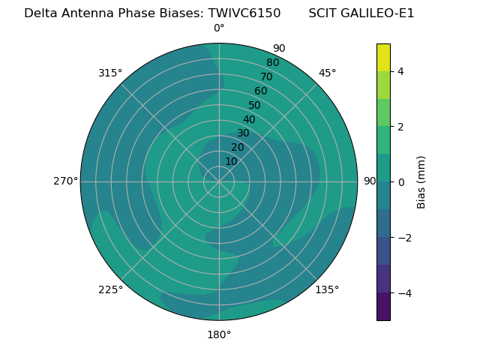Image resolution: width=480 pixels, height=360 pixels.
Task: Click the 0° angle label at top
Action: tap(219, 28)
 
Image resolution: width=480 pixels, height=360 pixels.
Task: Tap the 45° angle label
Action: tap(328, 73)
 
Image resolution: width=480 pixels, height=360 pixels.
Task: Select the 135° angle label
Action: tap(327, 289)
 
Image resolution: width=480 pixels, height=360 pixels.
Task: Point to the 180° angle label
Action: tap(219, 334)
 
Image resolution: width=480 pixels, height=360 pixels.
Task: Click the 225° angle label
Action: tap(110, 289)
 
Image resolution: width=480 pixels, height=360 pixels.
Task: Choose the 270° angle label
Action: tap(65, 181)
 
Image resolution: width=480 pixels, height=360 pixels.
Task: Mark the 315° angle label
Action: tap(110, 73)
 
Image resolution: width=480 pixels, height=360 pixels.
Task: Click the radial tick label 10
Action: tap(231, 161)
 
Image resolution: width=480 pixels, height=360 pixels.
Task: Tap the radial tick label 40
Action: tap(249, 119)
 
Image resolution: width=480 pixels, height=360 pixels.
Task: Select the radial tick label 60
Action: tap(261, 91)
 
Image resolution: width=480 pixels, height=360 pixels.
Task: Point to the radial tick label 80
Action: tap(272, 63)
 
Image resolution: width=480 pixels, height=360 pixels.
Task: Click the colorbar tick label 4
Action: tap(400, 71)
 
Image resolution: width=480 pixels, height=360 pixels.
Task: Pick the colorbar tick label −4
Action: tap(401, 292)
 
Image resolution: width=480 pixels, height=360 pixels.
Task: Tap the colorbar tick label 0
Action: tap(400, 182)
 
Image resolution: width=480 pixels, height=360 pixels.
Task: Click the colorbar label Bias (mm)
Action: tap(421, 182)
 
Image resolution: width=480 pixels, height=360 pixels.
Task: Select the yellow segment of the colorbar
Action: tap(383, 57)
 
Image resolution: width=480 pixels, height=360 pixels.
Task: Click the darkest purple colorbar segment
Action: tap(383, 307)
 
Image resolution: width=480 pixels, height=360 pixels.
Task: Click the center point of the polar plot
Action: tap(219, 181)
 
